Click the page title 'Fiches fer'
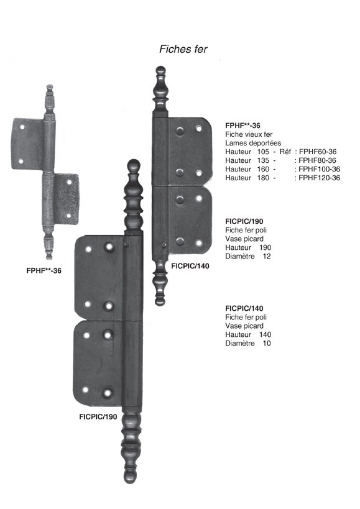[183, 49]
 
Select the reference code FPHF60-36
[318, 152]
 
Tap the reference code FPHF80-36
[317, 160]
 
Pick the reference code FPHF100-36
[320, 169]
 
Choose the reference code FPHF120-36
[320, 178]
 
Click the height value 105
[263, 152]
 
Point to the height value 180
[263, 178]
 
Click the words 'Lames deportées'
[253, 143]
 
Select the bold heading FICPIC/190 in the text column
[244, 221]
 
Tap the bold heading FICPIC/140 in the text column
[244, 308]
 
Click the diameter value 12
[267, 257]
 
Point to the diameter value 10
[267, 344]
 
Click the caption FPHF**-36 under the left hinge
[44, 270]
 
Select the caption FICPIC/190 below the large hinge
[98, 417]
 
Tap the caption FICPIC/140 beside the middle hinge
[190, 266]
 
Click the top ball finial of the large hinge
[134, 165]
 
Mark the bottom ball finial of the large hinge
[131, 476]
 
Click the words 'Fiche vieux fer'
[249, 134]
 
